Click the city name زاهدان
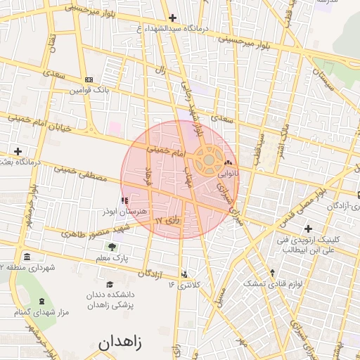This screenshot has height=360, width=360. (x=120, y=342)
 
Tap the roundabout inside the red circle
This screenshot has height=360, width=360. (x=209, y=161)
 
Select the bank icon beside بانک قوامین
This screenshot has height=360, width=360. (x=88, y=79)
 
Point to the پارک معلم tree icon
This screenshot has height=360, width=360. (x=111, y=247)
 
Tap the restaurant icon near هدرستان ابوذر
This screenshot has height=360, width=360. (x=125, y=201)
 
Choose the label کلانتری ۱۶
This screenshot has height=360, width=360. (x=184, y=285)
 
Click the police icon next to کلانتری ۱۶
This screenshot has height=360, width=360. (x=184, y=275)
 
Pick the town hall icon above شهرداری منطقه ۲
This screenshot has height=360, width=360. (x=27, y=256)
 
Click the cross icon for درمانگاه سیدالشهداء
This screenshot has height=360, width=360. (x=172, y=18)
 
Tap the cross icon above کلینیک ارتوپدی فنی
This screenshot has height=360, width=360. (x=308, y=229)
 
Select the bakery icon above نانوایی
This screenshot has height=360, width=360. (x=228, y=163)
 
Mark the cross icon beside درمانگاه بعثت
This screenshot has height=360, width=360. (x=18, y=151)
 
